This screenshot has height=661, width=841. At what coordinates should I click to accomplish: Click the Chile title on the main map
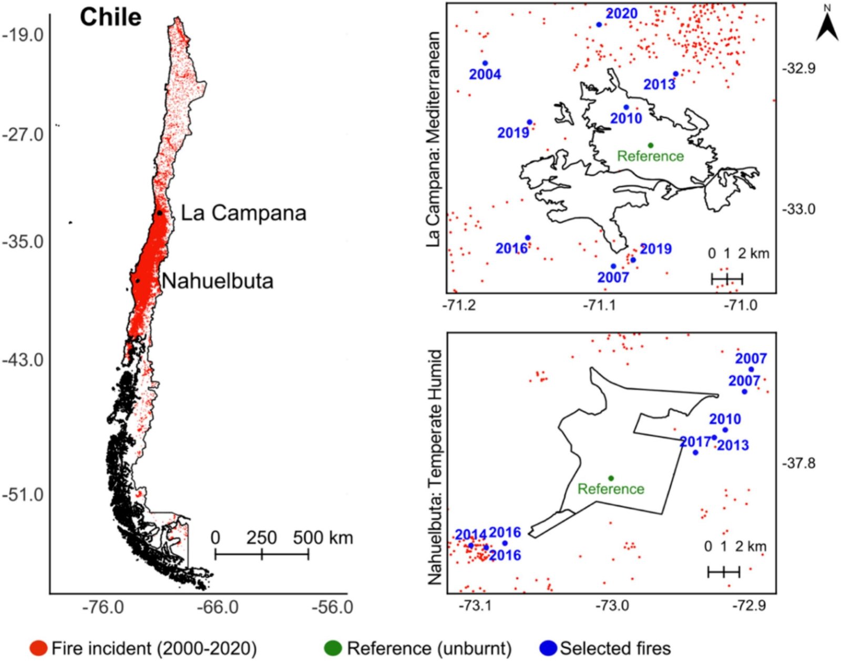coord(110,17)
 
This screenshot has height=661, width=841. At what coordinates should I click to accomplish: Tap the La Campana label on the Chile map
coord(243,213)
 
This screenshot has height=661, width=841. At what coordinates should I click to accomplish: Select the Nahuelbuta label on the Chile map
coord(217,281)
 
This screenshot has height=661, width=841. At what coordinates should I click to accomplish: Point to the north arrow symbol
coord(827,24)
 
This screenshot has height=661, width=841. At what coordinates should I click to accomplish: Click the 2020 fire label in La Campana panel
coord(621,14)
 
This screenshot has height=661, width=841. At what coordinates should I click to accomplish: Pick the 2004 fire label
coord(485,75)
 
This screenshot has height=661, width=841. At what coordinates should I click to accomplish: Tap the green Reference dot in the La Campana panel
coord(650,146)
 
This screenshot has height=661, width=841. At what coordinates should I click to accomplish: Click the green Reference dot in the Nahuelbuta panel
coord(611,478)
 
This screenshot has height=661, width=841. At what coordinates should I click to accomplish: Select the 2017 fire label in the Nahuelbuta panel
coord(695,442)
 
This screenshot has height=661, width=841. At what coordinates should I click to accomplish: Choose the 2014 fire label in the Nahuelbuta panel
coord(470,535)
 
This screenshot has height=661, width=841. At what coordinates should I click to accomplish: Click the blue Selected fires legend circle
coord(548,648)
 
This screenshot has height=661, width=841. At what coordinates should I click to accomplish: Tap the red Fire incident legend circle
coord(39,648)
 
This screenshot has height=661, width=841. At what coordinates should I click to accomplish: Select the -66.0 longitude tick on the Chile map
coord(218,607)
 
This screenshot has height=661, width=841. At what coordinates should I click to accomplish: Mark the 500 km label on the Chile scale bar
coord(323,538)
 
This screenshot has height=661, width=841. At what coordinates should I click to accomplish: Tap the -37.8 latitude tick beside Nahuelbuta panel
coord(799,463)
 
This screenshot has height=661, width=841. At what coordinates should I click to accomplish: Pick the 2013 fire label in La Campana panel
coord(660,84)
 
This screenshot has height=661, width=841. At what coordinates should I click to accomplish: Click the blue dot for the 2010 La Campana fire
coord(626,107)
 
